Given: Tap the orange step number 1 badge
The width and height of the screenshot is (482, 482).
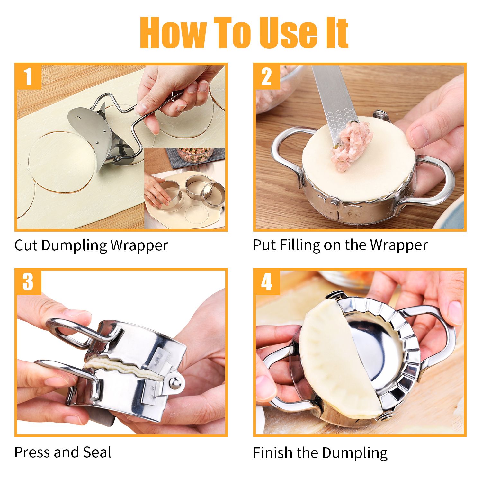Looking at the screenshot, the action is [28, 76].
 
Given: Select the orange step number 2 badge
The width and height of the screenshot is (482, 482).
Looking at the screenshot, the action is [267, 76].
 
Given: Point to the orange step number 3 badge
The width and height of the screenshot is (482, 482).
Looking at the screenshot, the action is [28, 282].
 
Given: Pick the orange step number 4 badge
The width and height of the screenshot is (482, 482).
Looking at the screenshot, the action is [267, 282].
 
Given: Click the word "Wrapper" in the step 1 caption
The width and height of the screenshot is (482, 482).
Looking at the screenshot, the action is [139, 245].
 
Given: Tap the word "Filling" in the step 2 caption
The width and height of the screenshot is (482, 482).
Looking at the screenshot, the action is [300, 245].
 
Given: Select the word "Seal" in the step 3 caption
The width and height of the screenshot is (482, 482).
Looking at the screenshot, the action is [97, 452].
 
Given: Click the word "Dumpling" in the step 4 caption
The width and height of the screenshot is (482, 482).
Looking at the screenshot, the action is [355, 453].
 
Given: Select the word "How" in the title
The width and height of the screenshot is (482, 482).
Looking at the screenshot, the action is [173, 32].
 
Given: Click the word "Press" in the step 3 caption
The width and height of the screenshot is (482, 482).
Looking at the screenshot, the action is [32, 452].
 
